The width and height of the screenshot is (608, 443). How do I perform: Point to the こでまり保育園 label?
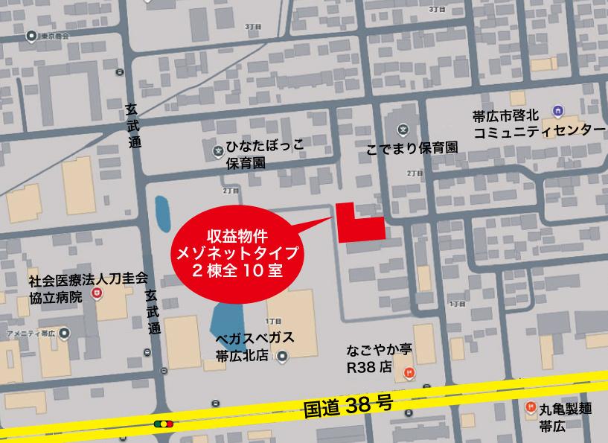411,147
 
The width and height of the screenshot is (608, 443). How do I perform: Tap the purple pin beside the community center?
558,111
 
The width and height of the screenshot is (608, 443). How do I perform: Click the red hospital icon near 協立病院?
95,295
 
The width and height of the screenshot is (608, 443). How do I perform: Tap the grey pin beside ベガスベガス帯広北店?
283,357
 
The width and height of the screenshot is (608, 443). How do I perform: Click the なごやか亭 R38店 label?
379,357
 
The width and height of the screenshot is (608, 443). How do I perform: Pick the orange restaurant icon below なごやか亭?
407,372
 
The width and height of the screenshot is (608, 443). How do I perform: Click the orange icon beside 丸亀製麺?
530,407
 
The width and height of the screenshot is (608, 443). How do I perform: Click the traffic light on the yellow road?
163,424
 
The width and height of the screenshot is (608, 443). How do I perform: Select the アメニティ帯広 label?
30,334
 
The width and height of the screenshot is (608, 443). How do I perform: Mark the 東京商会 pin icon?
31,36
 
